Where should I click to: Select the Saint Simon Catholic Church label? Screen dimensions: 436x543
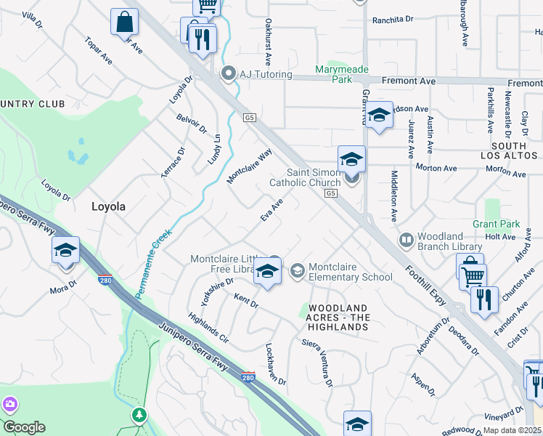(x=305, y=177)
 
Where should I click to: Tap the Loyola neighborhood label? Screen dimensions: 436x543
(x=108, y=206)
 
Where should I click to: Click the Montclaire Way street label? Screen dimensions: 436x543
(x=250, y=166)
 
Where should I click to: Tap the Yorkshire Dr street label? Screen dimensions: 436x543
(x=214, y=290)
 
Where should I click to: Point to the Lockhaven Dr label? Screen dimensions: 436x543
(x=276, y=364)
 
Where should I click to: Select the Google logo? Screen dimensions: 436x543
(x=24, y=427)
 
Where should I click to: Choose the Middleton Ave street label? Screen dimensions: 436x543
(x=394, y=196)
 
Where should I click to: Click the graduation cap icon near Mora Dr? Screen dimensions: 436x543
(x=65, y=251)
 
